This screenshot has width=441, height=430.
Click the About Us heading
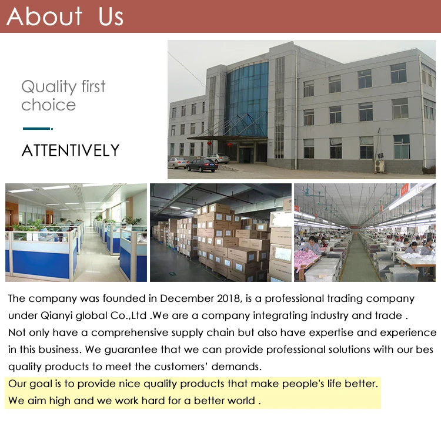coord(65,16)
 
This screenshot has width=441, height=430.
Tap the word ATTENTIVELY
coord(71,150)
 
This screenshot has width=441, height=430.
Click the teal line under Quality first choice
coord(38,129)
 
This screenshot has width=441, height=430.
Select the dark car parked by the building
coord(202,165)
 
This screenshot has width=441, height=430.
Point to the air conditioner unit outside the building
coord(379,166)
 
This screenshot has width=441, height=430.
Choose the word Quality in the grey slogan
coord(49,86)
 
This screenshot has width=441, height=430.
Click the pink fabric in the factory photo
coord(306,260)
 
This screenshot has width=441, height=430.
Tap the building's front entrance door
coord(246,155)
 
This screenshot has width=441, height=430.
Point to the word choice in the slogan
coord(49,105)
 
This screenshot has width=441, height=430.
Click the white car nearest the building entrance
coord(220,159)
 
